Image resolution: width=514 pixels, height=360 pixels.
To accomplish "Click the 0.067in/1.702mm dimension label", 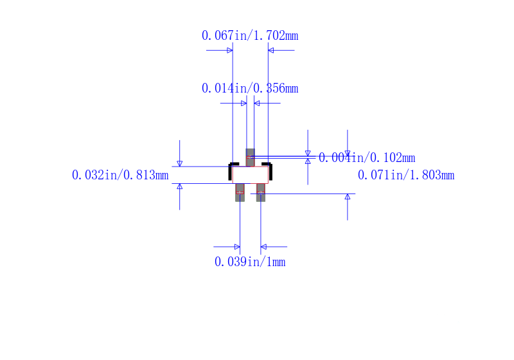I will tap(249, 36).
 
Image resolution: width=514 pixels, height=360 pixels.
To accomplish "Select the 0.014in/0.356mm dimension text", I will tap(249, 89).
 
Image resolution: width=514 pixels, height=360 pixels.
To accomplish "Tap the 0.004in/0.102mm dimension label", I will tap(367, 158).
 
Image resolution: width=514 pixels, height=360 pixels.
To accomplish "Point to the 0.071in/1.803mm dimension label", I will tap(405, 175).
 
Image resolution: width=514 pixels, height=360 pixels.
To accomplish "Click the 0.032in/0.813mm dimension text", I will tap(120, 175).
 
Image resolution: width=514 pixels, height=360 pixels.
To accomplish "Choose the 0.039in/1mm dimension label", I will tap(249, 262).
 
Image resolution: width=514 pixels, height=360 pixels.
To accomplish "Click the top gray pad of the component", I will tap(250, 157).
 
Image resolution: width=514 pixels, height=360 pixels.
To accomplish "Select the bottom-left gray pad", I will tap(240, 192).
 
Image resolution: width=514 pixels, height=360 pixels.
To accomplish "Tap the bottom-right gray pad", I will tap(260, 192).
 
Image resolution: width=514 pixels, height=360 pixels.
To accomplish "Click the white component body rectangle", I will tap(250, 175).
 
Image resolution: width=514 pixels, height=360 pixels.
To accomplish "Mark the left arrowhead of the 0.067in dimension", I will tap(229, 50).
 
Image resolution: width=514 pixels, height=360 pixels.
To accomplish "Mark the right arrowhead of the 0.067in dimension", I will tap(271, 50).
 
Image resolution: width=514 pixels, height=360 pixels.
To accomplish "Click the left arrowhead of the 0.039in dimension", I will tap(236, 246).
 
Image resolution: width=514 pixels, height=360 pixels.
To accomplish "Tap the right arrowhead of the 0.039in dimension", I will tap(263, 246).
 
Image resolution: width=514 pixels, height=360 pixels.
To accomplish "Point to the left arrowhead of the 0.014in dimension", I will tap(244, 103).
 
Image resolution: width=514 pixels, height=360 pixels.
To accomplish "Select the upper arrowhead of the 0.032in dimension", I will tap(179, 163).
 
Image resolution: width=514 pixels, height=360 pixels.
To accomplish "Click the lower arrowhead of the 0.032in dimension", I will tap(179, 186).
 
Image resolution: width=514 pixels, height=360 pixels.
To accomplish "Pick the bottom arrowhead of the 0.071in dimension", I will tap(348, 197).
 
